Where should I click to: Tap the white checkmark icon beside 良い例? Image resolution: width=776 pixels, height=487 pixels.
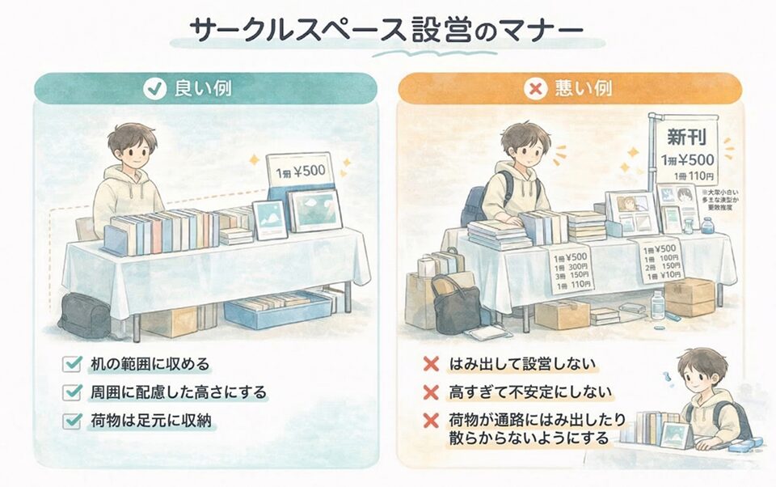pyautogui.click(x=152, y=88)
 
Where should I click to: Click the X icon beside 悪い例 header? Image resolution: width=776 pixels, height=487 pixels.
pyautogui.click(x=533, y=88)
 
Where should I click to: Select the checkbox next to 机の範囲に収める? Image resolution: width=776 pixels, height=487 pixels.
pyautogui.click(x=74, y=365)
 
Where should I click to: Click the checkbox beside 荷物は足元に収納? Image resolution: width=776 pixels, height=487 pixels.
pyautogui.click(x=74, y=420)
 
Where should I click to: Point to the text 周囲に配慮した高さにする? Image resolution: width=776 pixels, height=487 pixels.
pyautogui.click(x=178, y=392)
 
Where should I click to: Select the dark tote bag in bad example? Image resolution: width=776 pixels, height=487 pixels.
pyautogui.click(x=456, y=303)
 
